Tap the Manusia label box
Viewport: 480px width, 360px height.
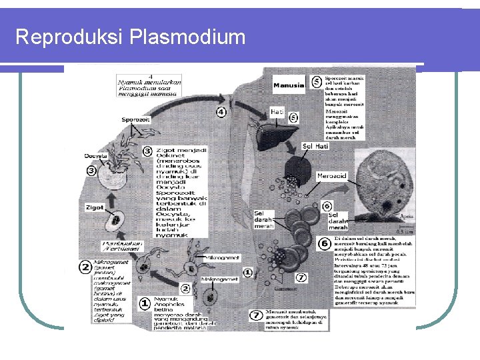point(288,85)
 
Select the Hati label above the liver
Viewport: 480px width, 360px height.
point(277,112)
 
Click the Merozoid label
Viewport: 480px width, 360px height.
point(331,176)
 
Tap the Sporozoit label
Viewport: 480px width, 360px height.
point(135,119)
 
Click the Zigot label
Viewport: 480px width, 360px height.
point(95,207)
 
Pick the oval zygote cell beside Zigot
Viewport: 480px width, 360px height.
point(116,219)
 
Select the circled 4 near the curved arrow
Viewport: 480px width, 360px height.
point(221,112)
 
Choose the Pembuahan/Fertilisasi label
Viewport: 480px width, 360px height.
point(124,247)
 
